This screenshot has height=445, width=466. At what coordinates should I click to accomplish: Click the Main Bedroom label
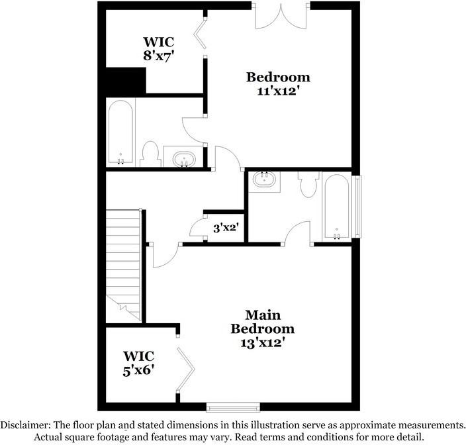click(x=262, y=321)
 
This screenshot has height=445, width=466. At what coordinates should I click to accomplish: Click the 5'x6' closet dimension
click(x=138, y=370)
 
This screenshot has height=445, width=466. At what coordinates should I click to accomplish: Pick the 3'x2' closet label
click(x=225, y=228)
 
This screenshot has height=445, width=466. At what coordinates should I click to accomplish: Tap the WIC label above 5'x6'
click(x=138, y=355)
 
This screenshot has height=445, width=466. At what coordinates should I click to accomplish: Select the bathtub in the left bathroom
click(x=121, y=132)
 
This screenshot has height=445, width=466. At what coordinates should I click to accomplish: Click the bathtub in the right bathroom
click(x=338, y=207)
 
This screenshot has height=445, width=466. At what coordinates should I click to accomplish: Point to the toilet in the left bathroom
click(x=150, y=155)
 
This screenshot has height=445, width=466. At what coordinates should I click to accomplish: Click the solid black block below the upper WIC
click(x=122, y=81)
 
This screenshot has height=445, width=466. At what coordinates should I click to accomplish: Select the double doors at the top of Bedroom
click(x=281, y=17)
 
